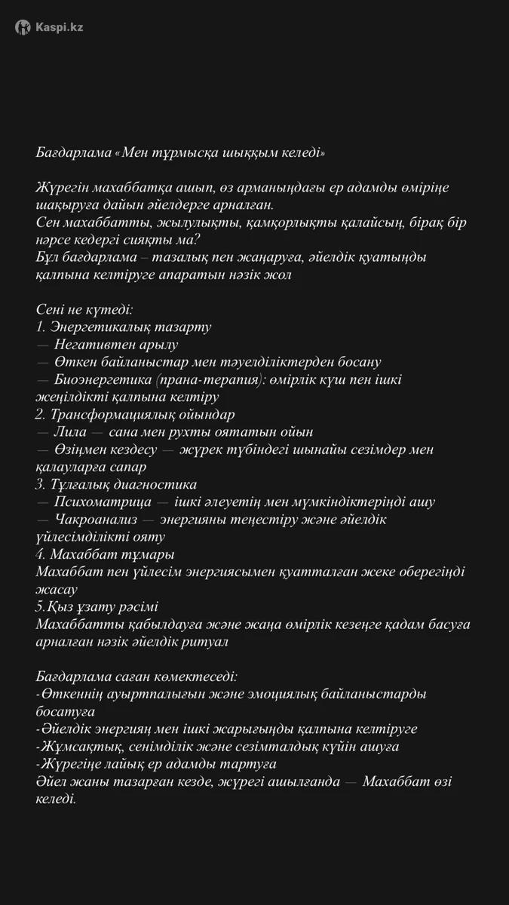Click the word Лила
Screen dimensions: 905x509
pos(72,432)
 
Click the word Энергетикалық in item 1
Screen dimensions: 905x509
pos(97,327)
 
